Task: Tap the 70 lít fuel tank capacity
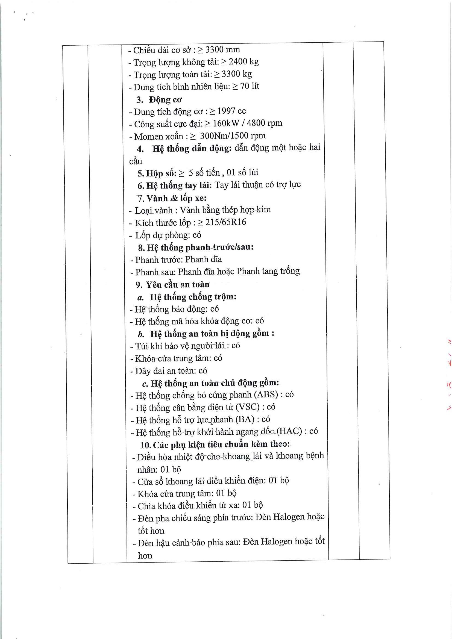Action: (x=250, y=86)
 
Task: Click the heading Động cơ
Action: (x=165, y=100)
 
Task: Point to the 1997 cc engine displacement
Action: (x=231, y=111)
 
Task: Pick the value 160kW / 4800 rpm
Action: (x=247, y=123)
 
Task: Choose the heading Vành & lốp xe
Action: (x=176, y=198)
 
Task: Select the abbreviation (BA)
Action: (x=245, y=419)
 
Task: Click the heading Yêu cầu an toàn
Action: (x=178, y=285)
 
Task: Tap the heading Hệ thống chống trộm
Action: (x=193, y=297)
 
